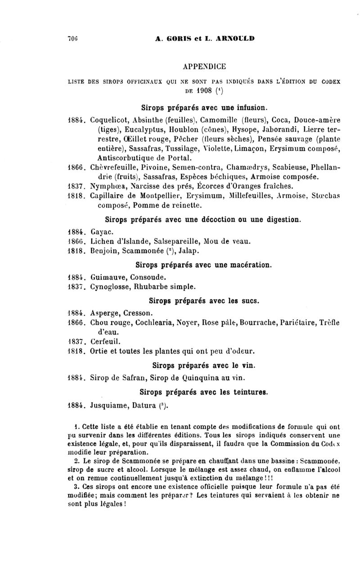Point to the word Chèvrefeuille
point(112,167)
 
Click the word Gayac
point(101,232)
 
